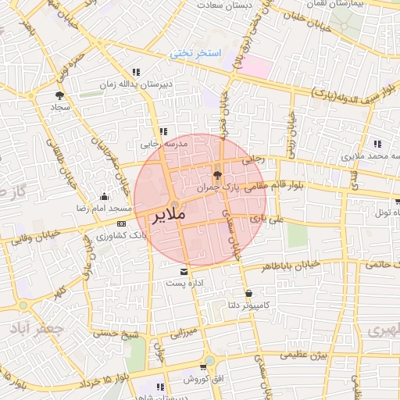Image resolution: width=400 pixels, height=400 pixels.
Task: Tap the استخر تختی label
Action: click(197, 53)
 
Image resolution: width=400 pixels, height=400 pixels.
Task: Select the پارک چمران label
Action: click(216, 188)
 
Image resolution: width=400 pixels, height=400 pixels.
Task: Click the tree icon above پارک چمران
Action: click(217, 175)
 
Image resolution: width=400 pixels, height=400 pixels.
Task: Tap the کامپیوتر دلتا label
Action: click(246, 305)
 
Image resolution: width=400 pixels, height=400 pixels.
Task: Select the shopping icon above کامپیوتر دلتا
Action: click(248, 293)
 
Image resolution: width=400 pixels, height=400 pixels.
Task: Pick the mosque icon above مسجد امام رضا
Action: click(104, 197)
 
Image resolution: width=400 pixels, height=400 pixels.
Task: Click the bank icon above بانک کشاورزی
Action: click(119, 223)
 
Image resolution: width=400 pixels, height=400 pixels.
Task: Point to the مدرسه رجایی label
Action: click(161, 145)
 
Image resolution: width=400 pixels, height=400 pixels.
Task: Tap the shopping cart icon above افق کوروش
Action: click(204, 367)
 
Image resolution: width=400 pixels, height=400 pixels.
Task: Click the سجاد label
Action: click(61, 105)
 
